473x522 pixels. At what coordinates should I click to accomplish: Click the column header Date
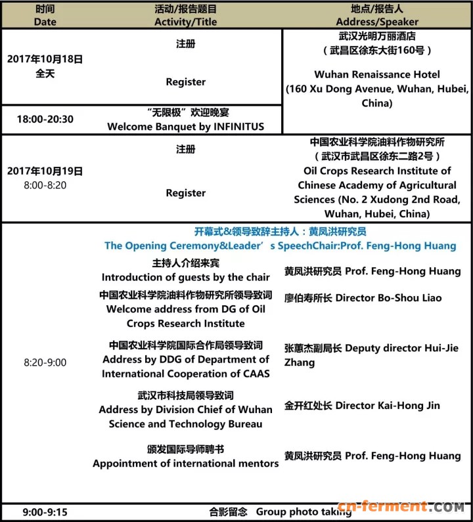tap(45, 22)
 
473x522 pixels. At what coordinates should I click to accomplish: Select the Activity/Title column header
tap(185, 22)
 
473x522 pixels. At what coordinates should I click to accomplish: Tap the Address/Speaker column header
tap(377, 22)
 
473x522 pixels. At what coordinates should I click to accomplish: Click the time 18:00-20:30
tap(45, 120)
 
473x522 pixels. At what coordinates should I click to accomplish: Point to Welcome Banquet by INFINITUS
tap(185, 127)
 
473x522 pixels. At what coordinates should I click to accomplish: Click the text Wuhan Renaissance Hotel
tap(377, 74)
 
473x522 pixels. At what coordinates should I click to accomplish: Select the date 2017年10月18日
tap(45, 59)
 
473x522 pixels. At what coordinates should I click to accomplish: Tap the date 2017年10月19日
tap(45, 171)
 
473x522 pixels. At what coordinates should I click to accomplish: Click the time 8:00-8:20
tap(45, 186)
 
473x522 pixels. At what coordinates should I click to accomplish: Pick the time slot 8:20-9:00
tap(45, 362)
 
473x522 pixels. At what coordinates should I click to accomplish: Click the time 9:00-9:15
tap(45, 512)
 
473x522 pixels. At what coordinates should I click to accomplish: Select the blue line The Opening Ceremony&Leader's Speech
tap(280, 246)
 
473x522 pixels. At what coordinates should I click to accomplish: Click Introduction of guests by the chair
tap(185, 277)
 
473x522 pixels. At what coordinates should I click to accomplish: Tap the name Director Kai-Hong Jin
tap(388, 406)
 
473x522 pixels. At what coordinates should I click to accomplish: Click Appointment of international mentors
tap(185, 464)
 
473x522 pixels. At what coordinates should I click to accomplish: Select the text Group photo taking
tap(304, 512)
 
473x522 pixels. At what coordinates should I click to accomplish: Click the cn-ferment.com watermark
tap(413, 508)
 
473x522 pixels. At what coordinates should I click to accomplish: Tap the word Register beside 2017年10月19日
tap(185, 193)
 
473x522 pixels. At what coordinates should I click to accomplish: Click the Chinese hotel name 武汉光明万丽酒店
tap(377, 37)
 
